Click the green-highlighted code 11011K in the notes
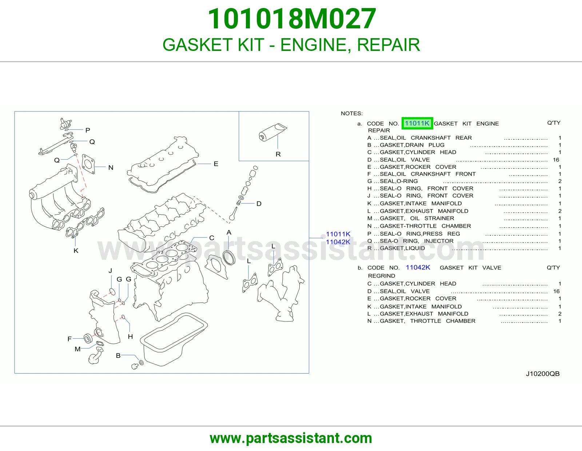417,123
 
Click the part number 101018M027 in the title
292,19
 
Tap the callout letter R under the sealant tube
278,154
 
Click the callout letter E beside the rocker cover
216,164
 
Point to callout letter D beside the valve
259,204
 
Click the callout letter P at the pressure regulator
88,130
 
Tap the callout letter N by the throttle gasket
111,168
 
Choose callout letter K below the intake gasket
76,251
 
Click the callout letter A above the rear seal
229,232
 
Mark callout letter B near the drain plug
118,355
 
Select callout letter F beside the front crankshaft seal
69,339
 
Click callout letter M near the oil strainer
77,349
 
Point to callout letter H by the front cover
130,336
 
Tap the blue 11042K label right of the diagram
338,242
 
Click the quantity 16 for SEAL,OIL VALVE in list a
556,160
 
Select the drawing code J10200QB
543,374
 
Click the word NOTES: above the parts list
352,113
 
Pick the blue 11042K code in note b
418,267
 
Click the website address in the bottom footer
291,438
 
